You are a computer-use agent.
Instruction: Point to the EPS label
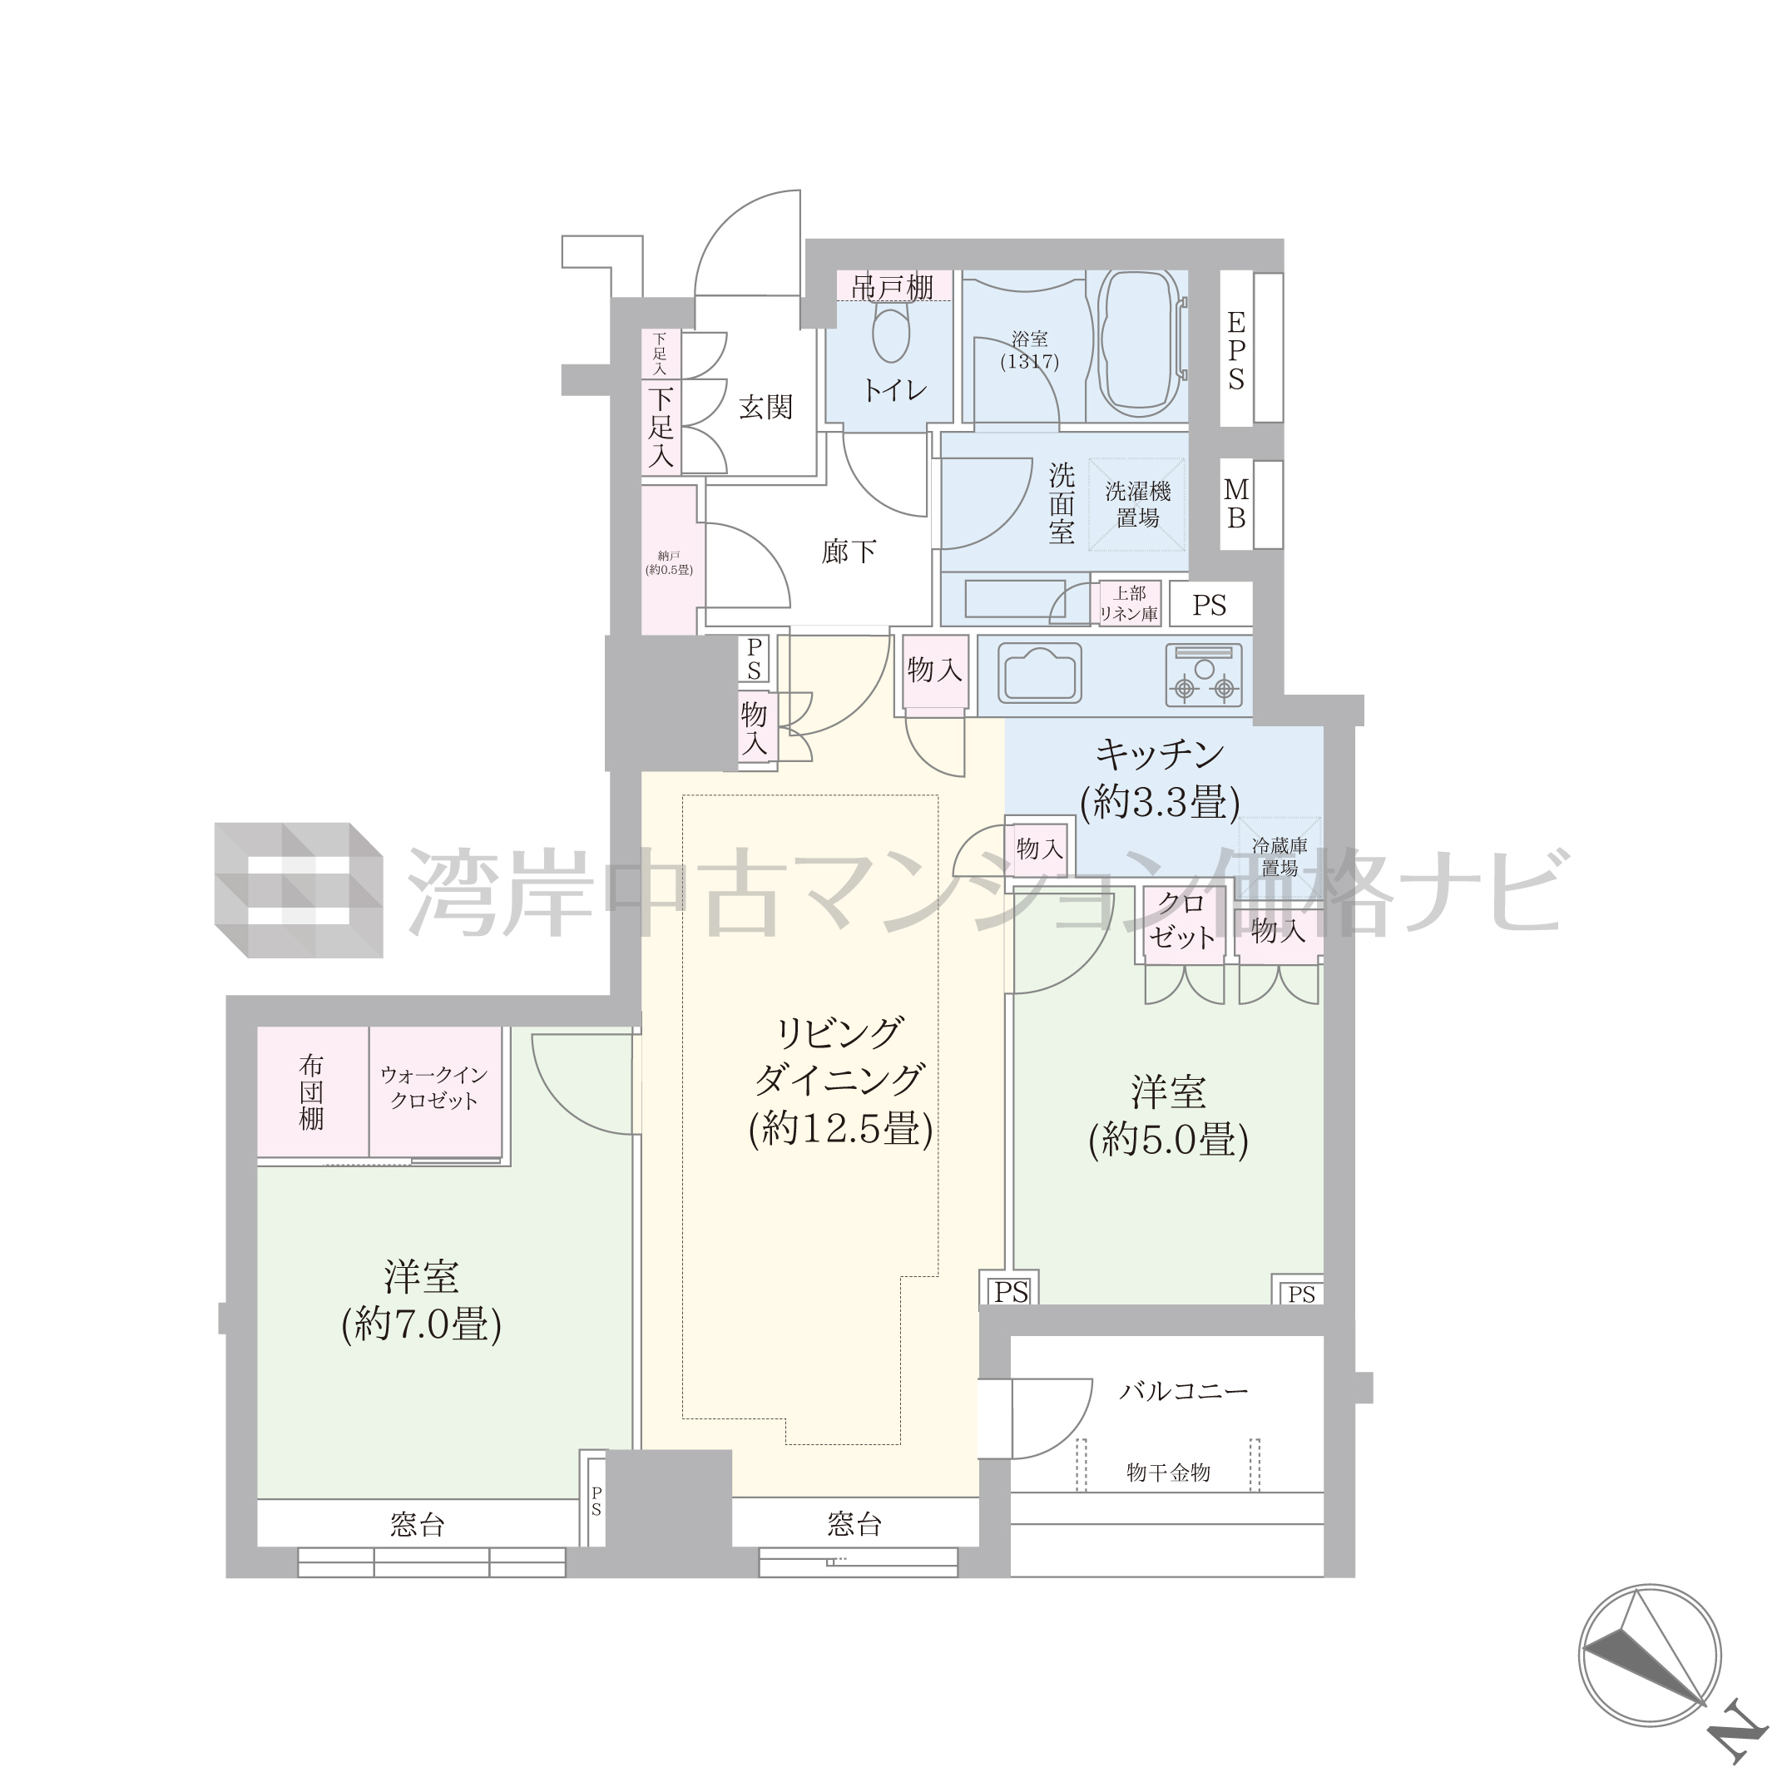(1236, 350)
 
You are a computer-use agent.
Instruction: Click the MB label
(1236, 503)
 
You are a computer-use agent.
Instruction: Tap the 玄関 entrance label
(765, 407)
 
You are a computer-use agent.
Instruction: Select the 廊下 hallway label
(849, 552)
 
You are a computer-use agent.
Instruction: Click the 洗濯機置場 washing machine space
(1137, 504)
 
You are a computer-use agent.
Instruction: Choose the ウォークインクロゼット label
(434, 1088)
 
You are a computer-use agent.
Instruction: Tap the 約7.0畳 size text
(422, 1326)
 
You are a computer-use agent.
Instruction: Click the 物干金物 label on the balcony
(1169, 1473)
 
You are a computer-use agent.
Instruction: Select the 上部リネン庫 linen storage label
(1130, 604)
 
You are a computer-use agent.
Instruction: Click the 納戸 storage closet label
(669, 562)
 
